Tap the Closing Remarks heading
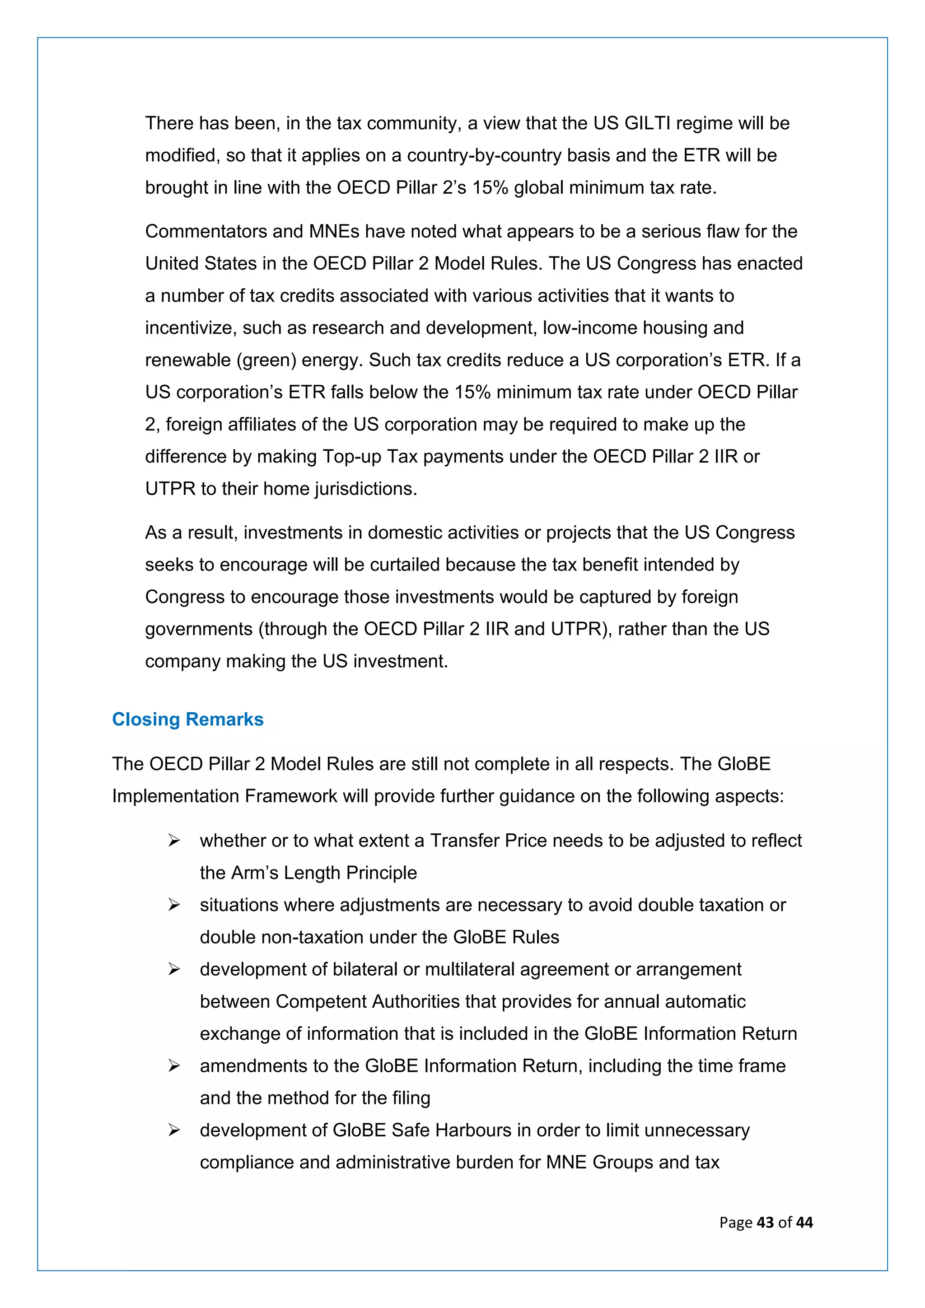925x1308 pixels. pos(187,719)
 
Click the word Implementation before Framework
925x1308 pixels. pos(175,796)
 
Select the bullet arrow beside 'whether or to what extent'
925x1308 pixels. pos(174,841)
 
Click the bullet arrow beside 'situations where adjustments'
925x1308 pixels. pos(174,905)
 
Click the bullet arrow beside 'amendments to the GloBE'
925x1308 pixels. pos(174,1066)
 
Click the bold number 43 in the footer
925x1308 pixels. pos(766,1223)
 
